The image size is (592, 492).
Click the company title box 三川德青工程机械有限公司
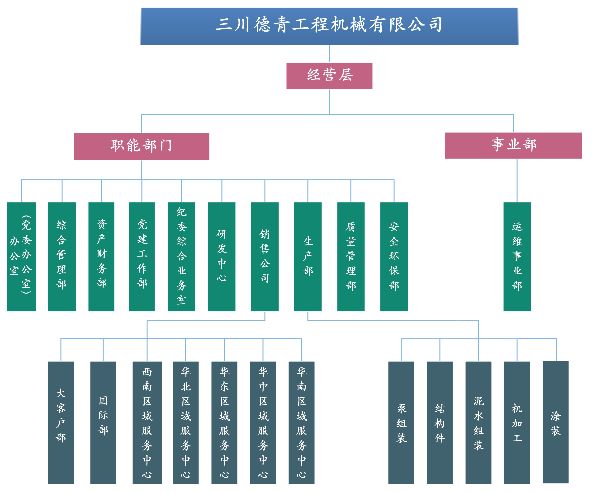click(x=329, y=26)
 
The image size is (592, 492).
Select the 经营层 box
click(x=329, y=76)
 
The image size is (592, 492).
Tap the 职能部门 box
click(x=141, y=146)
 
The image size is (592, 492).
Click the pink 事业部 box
click(x=513, y=145)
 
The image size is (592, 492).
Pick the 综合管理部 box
click(x=62, y=256)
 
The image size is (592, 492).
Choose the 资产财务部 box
click(x=101, y=256)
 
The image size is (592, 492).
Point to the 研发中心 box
click(x=222, y=256)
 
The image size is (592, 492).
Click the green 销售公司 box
click(x=265, y=256)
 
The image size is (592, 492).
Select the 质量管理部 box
click(x=351, y=256)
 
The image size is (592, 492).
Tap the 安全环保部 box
click(x=394, y=256)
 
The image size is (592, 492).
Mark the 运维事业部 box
click(x=517, y=256)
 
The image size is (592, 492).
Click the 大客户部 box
click(x=61, y=423)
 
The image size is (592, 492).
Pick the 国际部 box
click(x=103, y=423)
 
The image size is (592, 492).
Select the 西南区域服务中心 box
click(x=147, y=423)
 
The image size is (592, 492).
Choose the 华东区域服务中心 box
click(x=224, y=423)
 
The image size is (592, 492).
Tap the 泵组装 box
click(x=401, y=423)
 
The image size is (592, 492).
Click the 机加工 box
click(x=517, y=423)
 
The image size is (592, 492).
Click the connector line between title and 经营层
click(x=330, y=54)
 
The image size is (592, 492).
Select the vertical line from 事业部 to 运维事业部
click(x=517, y=180)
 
